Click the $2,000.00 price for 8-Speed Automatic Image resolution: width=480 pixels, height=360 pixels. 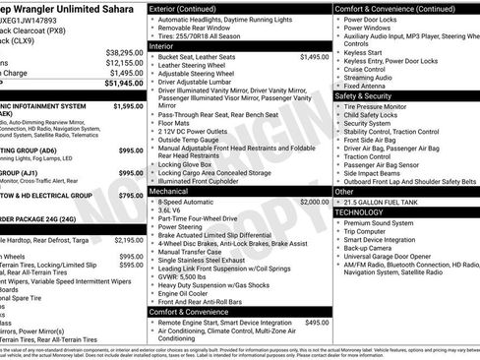[x=314, y=201]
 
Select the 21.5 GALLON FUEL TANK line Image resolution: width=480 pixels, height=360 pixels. [x=390, y=201]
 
